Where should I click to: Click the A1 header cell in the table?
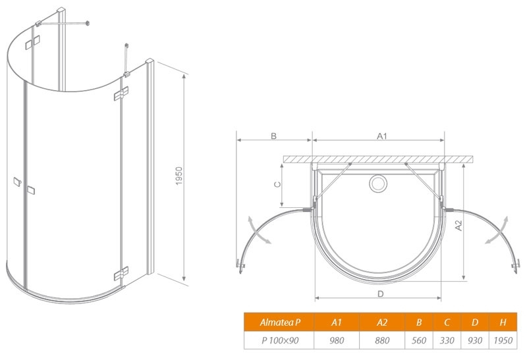(x=337, y=322)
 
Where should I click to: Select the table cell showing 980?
(x=337, y=340)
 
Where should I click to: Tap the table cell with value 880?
(x=382, y=340)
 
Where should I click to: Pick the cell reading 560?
(x=419, y=340)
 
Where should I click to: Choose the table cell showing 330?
(x=447, y=340)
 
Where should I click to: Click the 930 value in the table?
(x=475, y=340)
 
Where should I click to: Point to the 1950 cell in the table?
(x=503, y=340)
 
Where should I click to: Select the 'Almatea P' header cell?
(x=279, y=322)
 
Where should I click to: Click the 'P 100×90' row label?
(x=279, y=340)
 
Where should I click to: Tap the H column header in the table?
(x=503, y=322)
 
